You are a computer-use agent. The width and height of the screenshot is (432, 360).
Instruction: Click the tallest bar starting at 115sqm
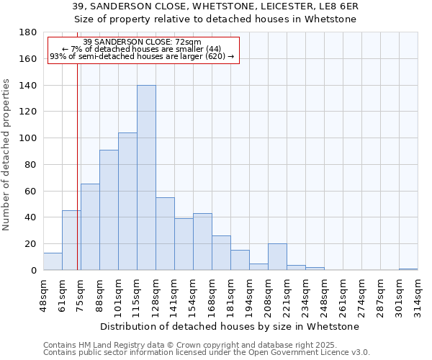point(146,178)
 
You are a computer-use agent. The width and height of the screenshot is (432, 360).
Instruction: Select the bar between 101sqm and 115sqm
point(127,202)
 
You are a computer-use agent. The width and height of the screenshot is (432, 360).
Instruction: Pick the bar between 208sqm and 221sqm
point(277,257)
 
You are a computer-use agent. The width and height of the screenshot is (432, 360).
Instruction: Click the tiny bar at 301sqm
point(408,269)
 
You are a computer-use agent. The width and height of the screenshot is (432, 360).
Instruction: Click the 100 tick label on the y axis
point(29,138)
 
